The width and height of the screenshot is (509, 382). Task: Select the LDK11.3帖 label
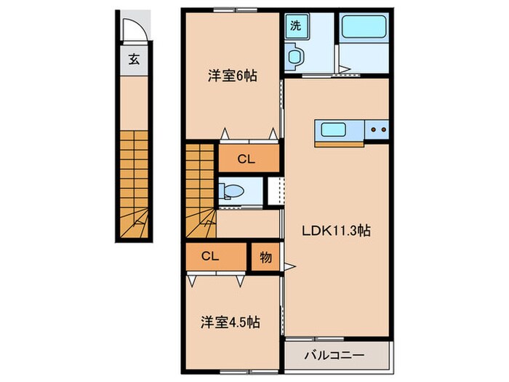(x=337, y=231)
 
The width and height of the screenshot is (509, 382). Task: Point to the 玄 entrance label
(x=135, y=60)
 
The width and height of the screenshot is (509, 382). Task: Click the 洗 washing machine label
(x=296, y=24)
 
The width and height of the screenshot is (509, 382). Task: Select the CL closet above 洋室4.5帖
(x=211, y=258)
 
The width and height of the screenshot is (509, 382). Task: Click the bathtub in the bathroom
(x=364, y=28)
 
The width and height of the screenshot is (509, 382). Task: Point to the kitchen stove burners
(x=378, y=131)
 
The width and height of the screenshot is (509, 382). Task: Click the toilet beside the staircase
(x=233, y=191)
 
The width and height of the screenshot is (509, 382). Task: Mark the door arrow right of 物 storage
(x=289, y=266)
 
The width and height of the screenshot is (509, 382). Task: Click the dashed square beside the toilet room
(x=274, y=191)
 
